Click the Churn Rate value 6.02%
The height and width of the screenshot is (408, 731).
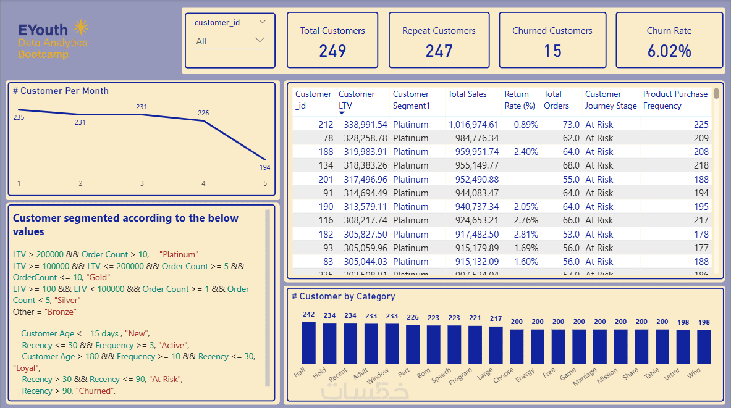669,51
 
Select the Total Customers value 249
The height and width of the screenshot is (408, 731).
332,51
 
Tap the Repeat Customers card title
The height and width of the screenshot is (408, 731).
439,31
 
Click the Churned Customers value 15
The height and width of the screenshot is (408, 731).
552,51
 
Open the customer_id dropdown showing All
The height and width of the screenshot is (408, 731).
230,41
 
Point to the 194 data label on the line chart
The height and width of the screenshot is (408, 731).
264,167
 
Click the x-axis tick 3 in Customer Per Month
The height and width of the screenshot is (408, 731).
142,183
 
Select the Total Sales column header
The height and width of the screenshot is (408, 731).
467,94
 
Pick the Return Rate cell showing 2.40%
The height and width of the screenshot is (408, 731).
521,152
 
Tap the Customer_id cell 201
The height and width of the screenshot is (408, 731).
325,180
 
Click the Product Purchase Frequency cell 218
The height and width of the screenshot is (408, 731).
701,165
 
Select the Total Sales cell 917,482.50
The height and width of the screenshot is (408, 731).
473,235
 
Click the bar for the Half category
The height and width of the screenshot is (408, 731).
308,343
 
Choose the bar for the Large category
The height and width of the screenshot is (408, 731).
496,344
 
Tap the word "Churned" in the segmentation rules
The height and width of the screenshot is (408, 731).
95,391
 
